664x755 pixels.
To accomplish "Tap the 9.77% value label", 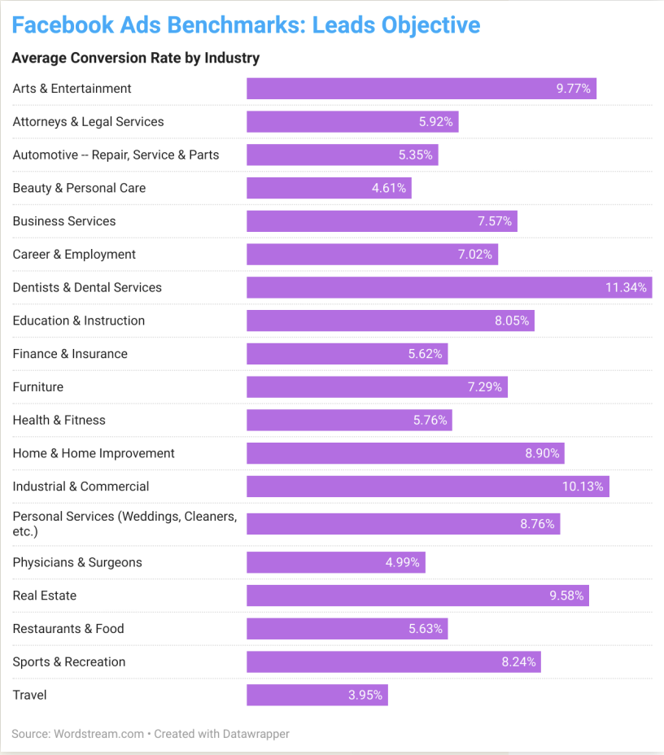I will pyautogui.click(x=573, y=89).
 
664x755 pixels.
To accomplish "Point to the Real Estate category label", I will pyautogui.click(x=45, y=596).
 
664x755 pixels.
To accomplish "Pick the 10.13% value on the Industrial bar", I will pyautogui.click(x=583, y=487).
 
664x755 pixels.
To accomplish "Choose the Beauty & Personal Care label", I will pyautogui.click(x=79, y=188).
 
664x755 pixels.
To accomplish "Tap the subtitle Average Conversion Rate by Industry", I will pyautogui.click(x=136, y=58).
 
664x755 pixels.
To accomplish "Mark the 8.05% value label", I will pyautogui.click(x=512, y=321).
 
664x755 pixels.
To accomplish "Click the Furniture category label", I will pyautogui.click(x=38, y=387).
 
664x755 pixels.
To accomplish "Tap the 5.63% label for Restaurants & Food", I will pyautogui.click(x=426, y=629).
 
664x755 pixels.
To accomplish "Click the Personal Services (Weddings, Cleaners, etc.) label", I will pyautogui.click(x=124, y=523).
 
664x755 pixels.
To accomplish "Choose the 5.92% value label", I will pyautogui.click(x=436, y=122).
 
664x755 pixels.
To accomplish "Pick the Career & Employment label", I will pyautogui.click(x=74, y=255).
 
